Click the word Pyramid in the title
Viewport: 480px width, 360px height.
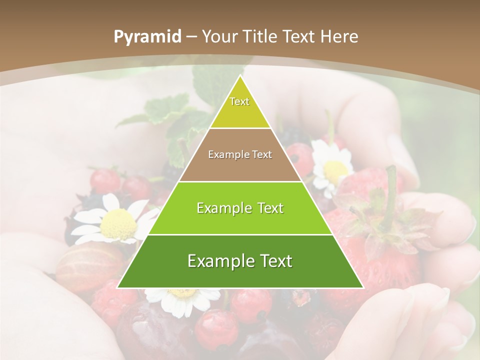click(147, 37)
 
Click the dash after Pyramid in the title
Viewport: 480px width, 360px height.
click(192, 37)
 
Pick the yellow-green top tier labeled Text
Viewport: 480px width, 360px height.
click(240, 107)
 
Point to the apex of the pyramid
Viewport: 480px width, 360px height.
click(240, 76)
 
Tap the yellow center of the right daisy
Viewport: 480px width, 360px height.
click(335, 170)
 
